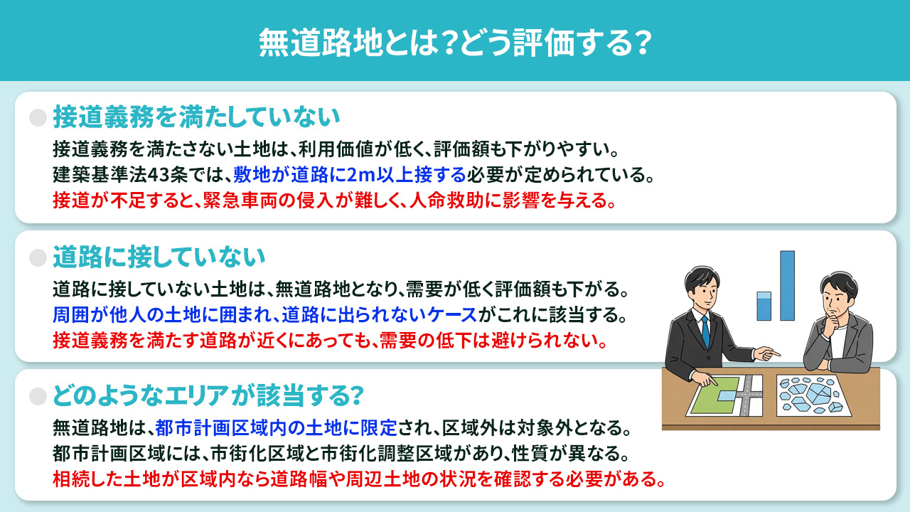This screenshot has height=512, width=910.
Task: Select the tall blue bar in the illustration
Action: (x=787, y=285)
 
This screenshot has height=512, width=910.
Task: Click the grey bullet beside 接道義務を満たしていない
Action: (x=37, y=117)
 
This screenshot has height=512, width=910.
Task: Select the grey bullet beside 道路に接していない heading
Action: (x=37, y=257)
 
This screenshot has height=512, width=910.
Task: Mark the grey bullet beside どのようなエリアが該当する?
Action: (x=37, y=395)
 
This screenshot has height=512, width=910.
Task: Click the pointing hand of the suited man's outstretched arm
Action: (x=768, y=352)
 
